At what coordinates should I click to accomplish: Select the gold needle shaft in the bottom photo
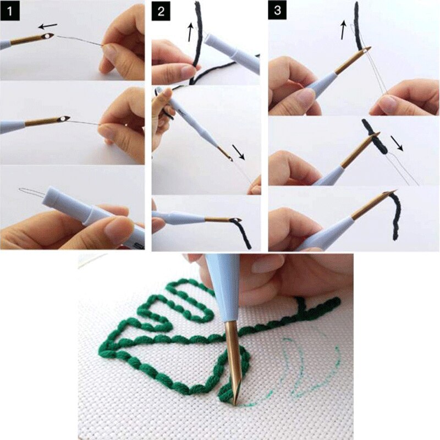[x=233, y=358]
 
